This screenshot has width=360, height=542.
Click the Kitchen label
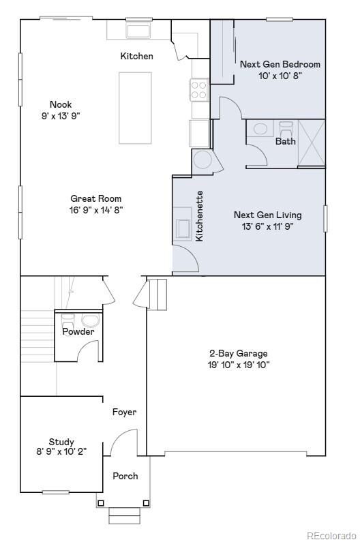tap(136, 56)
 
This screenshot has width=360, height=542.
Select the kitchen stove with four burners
tap(199, 90)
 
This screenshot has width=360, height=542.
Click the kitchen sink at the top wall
tap(139, 31)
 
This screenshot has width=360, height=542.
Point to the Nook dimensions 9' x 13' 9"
tap(61, 116)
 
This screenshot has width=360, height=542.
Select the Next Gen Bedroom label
tap(280, 64)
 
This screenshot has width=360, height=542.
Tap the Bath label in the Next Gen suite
tap(285, 142)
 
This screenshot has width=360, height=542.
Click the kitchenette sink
tap(183, 230)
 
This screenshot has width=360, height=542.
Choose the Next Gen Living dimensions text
tap(267, 226)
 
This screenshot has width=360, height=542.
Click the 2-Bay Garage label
tap(238, 353)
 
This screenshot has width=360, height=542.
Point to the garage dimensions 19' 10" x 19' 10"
tap(238, 365)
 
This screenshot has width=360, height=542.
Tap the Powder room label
tap(78, 331)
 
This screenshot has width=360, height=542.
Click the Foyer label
tap(124, 412)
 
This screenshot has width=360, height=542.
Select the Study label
tap(61, 442)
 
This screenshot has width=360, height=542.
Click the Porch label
tap(125, 476)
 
